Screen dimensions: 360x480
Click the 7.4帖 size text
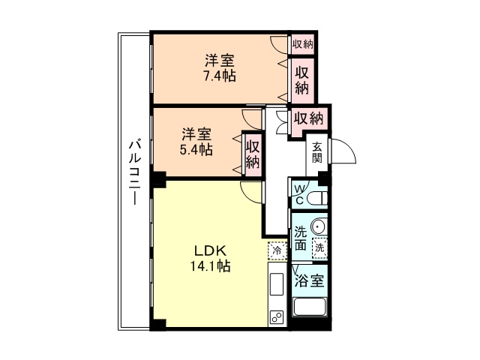(219, 76)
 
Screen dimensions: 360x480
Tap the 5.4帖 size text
(196, 150)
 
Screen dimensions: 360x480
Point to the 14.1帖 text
(210, 265)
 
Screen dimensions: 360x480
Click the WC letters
(299, 194)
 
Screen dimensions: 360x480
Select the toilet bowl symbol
(317, 198)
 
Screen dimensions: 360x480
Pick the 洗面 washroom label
(300, 238)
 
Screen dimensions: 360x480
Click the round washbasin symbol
(318, 227)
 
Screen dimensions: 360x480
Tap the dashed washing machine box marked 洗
(320, 247)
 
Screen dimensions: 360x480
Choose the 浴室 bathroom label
(309, 281)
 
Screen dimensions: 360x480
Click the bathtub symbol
(310, 307)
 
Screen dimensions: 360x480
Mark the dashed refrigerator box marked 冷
(277, 250)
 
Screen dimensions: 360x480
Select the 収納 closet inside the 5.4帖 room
(253, 154)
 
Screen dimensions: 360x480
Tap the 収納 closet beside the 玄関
(307, 118)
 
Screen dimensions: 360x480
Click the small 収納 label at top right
(302, 43)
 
